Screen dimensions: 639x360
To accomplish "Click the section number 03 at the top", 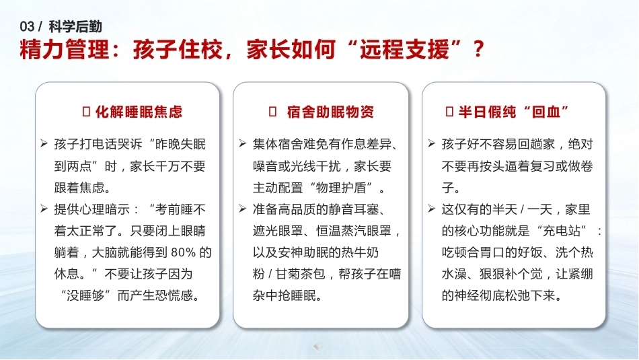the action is pos(27,27).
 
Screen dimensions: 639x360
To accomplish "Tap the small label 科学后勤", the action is pos(75,27).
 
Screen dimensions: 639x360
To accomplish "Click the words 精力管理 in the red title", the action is pos(65,50).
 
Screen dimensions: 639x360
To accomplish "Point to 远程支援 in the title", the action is pos(404,50).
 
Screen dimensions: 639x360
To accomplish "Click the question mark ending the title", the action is pos(479,50).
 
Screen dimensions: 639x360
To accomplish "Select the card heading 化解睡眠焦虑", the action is pos(139,112).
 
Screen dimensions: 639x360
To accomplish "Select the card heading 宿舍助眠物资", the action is pos(330,112).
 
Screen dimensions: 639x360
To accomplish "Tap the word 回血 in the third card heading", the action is pos(546,112).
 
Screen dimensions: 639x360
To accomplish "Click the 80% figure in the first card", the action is pos(184,252).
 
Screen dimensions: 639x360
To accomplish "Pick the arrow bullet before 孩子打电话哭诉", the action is pos(44,143).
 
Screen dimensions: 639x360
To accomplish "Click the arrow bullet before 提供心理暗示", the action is pos(44,209).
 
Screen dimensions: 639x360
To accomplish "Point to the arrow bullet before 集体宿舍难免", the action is pos(242,143).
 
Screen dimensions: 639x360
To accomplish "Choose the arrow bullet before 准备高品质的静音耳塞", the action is pos(242,209).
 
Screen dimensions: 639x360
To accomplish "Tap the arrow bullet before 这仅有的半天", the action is pos(432,209).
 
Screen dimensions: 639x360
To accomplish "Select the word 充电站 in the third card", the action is pos(561,231).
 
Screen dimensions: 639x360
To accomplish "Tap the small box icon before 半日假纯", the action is pos(449,112).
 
